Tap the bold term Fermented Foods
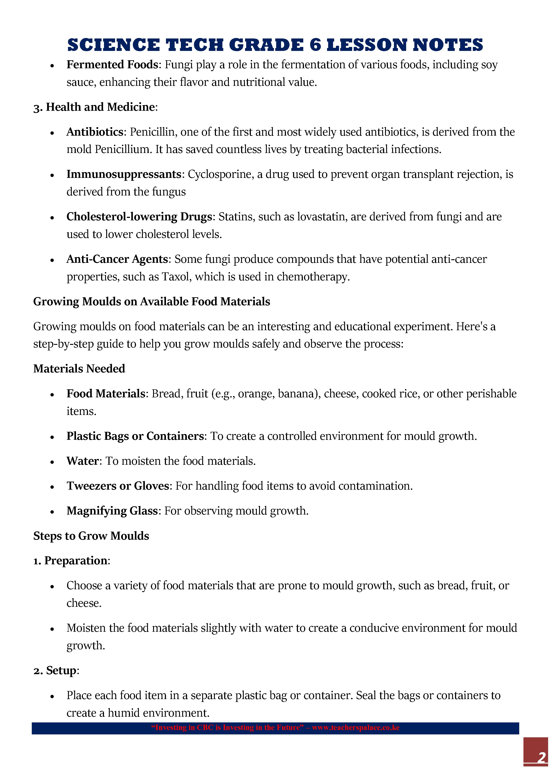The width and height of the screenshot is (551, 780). pos(112,64)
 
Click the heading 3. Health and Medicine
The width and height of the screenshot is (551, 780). pos(95,107)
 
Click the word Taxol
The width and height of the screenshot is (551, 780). pos(173,277)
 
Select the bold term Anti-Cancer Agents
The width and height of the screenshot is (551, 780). pos(117,259)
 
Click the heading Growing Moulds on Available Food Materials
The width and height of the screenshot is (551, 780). pos(152,302)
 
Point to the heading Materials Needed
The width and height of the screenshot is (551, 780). pos(79,369)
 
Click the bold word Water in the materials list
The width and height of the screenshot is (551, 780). pos(82,461)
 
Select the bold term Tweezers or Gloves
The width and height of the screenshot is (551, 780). pos(118,486)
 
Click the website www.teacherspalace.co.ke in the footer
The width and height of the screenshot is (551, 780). pos(355,728)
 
